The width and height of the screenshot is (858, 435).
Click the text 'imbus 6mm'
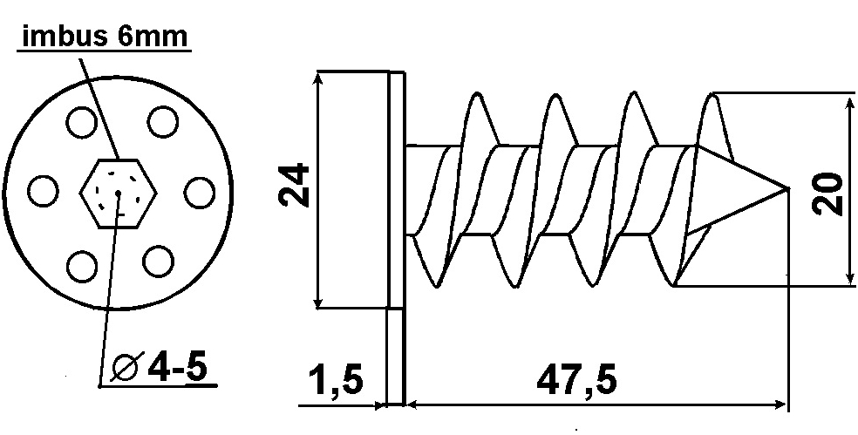pyautogui.click(x=105, y=37)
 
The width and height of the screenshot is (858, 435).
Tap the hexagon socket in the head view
pyautogui.click(x=119, y=194)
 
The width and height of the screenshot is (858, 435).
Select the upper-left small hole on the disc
pyautogui.click(x=82, y=123)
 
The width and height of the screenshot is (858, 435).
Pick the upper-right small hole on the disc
pyautogui.click(x=162, y=122)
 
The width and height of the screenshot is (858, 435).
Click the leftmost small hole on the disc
pyautogui.click(x=43, y=192)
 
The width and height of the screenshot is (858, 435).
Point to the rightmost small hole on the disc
pyautogui.click(x=199, y=193)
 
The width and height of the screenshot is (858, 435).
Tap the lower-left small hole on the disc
pyautogui.click(x=82, y=266)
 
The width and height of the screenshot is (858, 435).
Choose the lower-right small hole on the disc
pyautogui.click(x=158, y=262)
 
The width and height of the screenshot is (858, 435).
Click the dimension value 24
pyautogui.click(x=294, y=185)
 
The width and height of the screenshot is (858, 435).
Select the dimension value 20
pyautogui.click(x=827, y=194)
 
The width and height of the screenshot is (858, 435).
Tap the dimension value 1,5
pyautogui.click(x=336, y=379)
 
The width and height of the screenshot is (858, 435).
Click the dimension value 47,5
pyautogui.click(x=576, y=380)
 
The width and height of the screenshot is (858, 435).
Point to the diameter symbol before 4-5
pyautogui.click(x=127, y=367)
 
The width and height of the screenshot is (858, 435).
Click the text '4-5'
pyautogui.click(x=177, y=367)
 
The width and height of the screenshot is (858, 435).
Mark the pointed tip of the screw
pyautogui.click(x=788, y=189)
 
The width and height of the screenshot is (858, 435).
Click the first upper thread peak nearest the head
pyautogui.click(x=476, y=94)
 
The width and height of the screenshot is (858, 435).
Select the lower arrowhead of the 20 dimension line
pyautogui.click(x=850, y=278)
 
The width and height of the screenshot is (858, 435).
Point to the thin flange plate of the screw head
pyautogui.click(x=397, y=239)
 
